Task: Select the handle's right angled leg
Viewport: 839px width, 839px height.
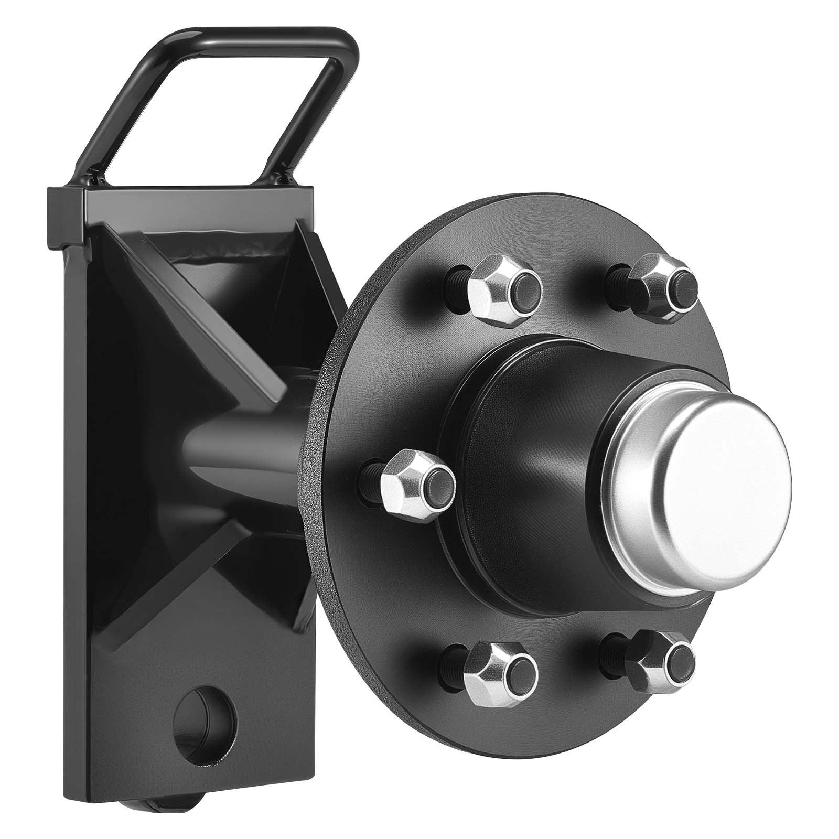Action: tap(315, 115)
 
